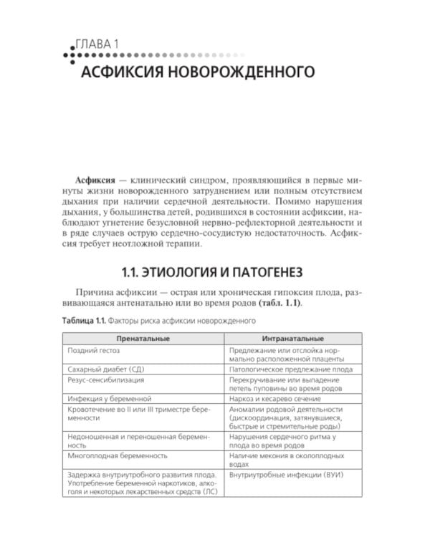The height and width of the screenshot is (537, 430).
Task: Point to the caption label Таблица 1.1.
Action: pos(85,321)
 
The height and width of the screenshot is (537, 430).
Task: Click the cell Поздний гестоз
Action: pos(93,351)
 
